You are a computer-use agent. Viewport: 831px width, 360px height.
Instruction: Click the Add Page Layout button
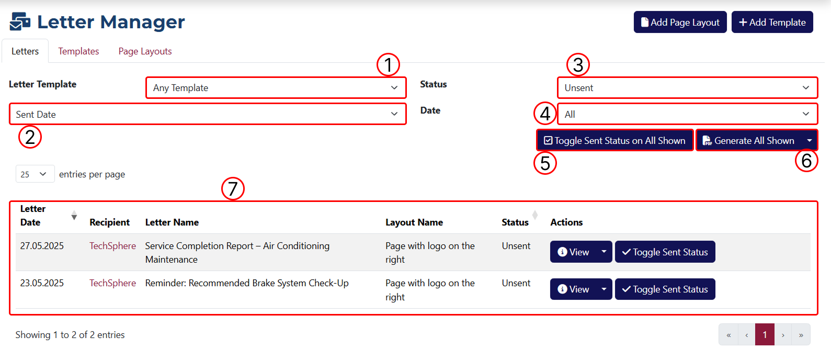680,22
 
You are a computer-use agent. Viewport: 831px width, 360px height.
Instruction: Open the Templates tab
78,51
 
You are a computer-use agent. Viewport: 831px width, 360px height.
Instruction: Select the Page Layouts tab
145,51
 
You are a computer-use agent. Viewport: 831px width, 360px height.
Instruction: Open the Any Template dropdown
276,88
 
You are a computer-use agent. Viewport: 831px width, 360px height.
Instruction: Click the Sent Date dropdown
208,114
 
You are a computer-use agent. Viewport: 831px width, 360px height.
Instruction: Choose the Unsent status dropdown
687,88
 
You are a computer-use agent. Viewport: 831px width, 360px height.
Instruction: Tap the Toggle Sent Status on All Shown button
614,140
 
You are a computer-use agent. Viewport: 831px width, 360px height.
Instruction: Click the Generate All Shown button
749,140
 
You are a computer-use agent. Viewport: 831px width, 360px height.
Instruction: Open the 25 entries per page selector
35,174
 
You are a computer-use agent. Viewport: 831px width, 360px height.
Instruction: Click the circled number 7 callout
233,188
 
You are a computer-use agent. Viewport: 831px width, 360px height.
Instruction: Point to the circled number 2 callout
30,137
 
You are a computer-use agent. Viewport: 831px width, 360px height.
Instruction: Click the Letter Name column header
172,222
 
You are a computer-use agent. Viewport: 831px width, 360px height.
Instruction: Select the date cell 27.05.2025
42,246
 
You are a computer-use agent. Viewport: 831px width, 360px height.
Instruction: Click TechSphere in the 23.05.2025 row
112,283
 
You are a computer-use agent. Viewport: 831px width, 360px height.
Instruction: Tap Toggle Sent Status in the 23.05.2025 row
665,289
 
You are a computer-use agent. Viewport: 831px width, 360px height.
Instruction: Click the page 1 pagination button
765,335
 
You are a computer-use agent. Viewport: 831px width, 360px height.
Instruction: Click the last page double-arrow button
801,335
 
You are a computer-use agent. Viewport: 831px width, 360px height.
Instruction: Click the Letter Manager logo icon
20,21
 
